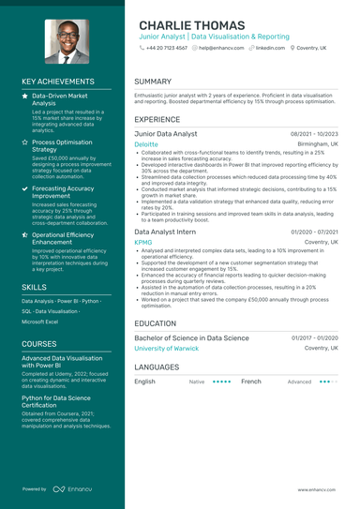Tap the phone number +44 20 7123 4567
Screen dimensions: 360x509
166,47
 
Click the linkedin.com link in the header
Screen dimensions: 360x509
270,47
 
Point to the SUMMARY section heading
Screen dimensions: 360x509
153,82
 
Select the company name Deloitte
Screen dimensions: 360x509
146,145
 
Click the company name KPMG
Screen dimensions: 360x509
142,242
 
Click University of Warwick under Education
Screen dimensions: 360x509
167,348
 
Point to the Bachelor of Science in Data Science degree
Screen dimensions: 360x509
191,337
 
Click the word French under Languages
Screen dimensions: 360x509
250,382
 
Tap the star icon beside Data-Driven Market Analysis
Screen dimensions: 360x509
24,97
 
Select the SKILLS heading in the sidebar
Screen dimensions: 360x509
35,287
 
